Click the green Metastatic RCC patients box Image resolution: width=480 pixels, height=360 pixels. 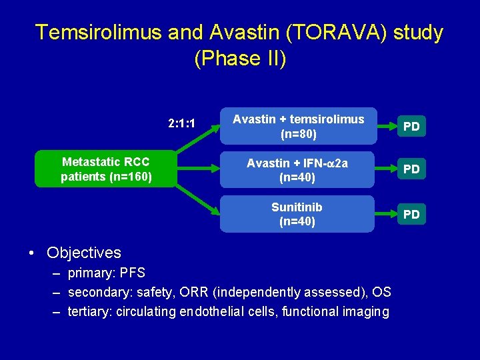pyautogui.click(x=106, y=169)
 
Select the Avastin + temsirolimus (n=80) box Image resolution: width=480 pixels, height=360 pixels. pyautogui.click(x=298, y=126)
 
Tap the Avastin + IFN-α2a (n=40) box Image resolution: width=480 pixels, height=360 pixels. pyautogui.click(x=298, y=170)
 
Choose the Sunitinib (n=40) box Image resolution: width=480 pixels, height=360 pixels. pyautogui.click(x=298, y=214)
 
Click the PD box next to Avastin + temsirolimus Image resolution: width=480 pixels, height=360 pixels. pyautogui.click(x=411, y=127)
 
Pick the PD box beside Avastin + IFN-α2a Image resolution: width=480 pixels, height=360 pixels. pyautogui.click(x=411, y=169)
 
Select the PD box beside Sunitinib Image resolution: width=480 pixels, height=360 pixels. pyautogui.click(x=411, y=214)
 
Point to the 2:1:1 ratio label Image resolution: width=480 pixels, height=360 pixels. pyautogui.click(x=181, y=124)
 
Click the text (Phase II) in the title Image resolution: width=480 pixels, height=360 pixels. pyautogui.click(x=240, y=59)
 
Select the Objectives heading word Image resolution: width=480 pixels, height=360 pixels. pyautogui.click(x=84, y=253)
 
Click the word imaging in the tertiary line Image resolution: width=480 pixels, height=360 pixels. pyautogui.click(x=363, y=311)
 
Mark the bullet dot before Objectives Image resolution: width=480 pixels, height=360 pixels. pyautogui.click(x=31, y=253)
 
